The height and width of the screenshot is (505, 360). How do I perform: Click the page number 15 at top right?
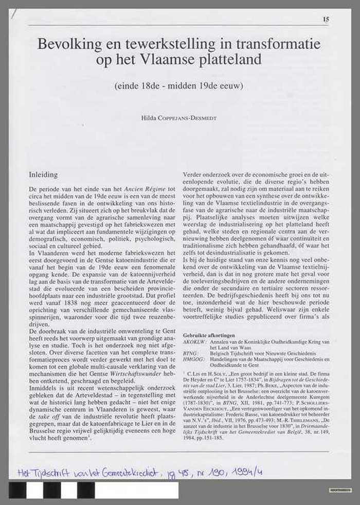326,19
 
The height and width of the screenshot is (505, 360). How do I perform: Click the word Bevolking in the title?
65,45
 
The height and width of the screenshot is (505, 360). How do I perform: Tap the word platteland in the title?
231,60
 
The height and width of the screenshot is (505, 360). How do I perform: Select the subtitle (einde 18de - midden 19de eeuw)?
179,85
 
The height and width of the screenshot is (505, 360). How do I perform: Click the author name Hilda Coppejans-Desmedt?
179,118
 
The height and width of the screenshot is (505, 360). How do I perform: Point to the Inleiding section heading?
43,175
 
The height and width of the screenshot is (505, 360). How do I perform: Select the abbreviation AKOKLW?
194,342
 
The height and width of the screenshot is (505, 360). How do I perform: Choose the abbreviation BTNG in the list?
191,355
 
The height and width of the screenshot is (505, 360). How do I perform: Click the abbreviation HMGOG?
193,361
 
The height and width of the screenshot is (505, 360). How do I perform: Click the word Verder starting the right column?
193,175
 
